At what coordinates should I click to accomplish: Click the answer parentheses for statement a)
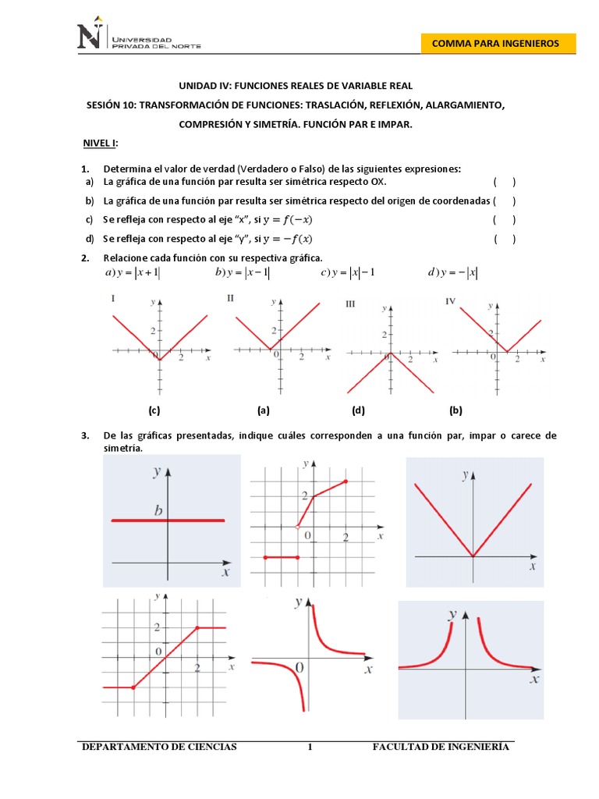[x=504, y=182]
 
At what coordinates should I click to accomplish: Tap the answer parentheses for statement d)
[x=504, y=239]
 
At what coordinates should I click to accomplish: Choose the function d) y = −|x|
[x=453, y=273]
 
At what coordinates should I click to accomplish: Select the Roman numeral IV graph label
[x=450, y=301]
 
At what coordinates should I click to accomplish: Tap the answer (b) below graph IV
[x=455, y=410]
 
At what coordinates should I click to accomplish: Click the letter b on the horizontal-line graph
[x=158, y=512]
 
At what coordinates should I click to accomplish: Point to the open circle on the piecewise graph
[x=297, y=528]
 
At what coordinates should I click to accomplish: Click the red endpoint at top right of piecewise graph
[x=346, y=481]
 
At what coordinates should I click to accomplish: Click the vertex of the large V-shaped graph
[x=473, y=556]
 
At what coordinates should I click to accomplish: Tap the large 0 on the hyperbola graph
[x=299, y=668]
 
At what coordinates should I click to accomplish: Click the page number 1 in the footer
[x=310, y=748]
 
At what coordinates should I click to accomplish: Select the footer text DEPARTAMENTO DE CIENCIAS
[x=159, y=748]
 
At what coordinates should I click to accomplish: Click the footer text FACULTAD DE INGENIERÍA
[x=441, y=748]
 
